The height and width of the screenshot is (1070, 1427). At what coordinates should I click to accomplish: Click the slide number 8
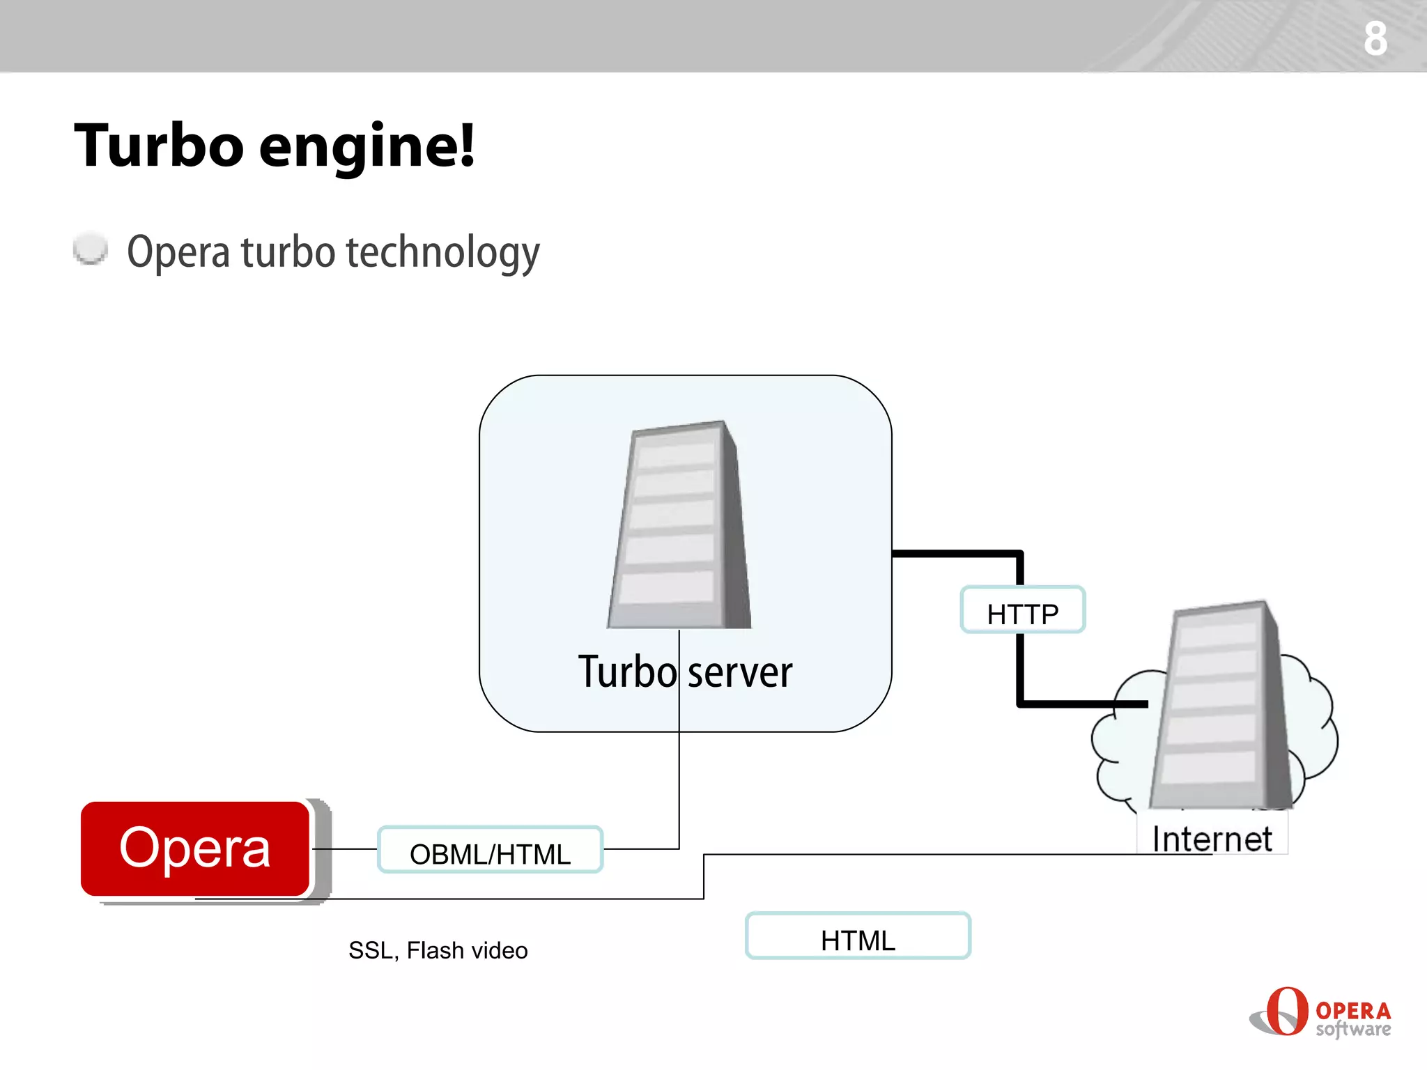(x=1375, y=38)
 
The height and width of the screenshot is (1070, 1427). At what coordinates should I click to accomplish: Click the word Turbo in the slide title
(x=159, y=146)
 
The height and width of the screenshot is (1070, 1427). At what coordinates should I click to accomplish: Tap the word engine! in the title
(x=367, y=148)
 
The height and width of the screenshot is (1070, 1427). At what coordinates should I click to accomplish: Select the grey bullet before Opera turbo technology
(x=91, y=249)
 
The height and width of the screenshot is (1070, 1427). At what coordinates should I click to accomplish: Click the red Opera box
(x=195, y=848)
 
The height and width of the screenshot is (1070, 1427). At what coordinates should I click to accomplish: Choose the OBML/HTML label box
(x=490, y=850)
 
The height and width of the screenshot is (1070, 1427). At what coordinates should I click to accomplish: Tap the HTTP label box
(x=1022, y=610)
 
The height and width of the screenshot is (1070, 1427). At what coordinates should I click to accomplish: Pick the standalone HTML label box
(x=858, y=936)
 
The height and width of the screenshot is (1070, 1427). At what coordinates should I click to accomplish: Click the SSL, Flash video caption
(x=438, y=950)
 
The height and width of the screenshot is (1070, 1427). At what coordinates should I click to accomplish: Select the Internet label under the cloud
(x=1212, y=839)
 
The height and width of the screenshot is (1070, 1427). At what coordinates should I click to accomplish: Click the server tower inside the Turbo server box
(x=679, y=526)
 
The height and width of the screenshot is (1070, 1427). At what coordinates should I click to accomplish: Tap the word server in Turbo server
(x=740, y=673)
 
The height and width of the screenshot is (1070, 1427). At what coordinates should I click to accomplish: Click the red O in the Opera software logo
(x=1286, y=1011)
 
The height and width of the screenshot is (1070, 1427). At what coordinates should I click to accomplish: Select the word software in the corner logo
(x=1353, y=1029)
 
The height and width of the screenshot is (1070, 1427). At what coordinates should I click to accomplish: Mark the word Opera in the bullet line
(x=178, y=252)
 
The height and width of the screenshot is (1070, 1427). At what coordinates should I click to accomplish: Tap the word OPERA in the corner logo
(x=1353, y=1009)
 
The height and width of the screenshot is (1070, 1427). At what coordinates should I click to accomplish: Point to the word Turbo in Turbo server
(x=627, y=673)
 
